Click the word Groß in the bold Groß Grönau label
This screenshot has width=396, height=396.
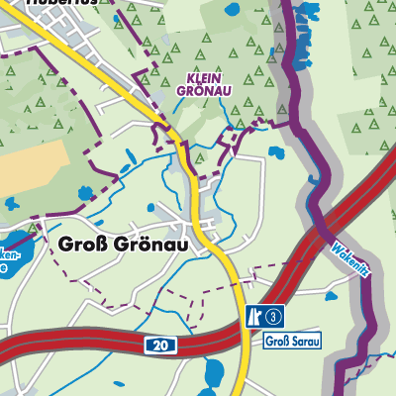81,244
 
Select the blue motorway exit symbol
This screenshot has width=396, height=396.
253,316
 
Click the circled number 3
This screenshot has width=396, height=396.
274,316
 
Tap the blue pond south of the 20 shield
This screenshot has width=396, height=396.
213,375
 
